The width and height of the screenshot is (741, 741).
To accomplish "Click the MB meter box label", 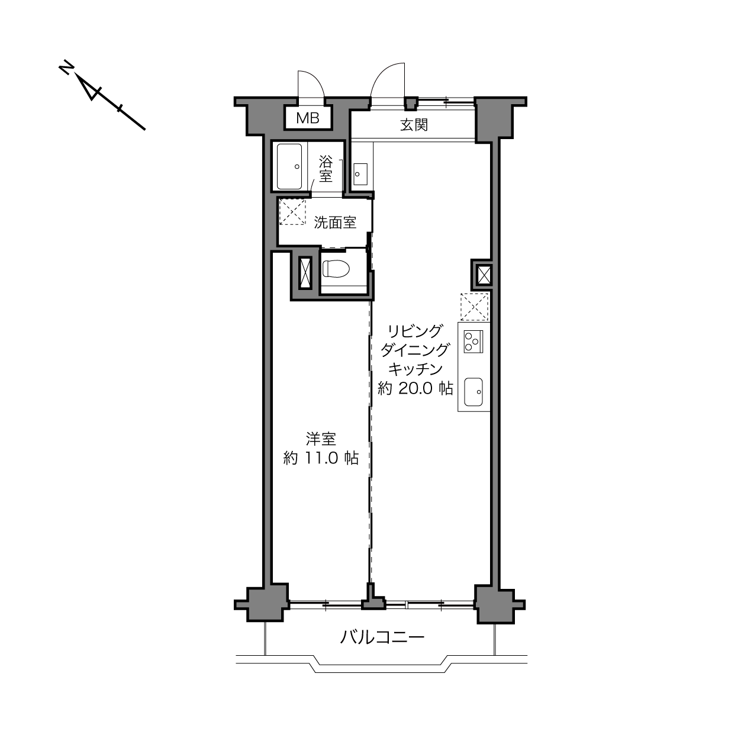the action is [308, 118].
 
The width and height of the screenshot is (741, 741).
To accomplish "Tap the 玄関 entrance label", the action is [414, 125].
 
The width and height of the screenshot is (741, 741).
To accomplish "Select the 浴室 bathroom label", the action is [326, 169].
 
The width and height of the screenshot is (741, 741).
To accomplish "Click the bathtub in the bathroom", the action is [289, 166].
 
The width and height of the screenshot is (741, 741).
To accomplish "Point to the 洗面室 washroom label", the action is [335, 223].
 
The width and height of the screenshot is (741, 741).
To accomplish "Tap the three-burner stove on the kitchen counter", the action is [473, 341].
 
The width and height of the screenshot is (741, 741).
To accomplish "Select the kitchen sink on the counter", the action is [473, 392].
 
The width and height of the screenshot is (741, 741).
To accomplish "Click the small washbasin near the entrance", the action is [360, 174].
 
